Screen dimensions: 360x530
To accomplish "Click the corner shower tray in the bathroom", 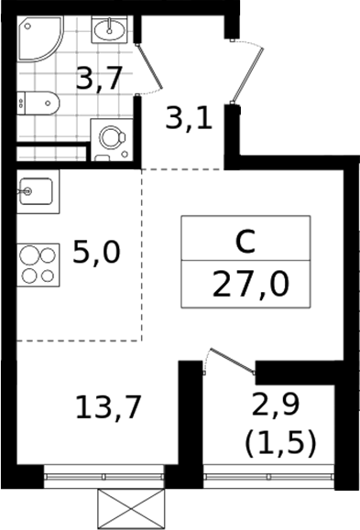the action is coord(38,38).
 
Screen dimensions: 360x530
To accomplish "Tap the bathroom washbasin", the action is coord(109,29).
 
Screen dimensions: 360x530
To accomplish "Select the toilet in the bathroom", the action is coord(38,103).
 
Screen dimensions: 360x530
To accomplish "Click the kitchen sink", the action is coord(38,191).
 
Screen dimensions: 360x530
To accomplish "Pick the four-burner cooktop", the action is coord(38,265).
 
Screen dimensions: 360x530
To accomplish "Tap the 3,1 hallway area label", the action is coord(189,119).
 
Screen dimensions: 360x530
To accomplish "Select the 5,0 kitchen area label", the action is coord(96,252).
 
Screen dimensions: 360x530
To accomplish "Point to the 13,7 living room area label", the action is coord(107,407).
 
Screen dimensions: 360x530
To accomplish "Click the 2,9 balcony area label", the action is coord(276,405).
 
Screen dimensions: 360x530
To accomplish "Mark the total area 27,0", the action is coord(251,285).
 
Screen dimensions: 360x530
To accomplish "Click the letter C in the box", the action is coord(245,242).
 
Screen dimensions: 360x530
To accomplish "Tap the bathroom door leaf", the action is coord(148,66).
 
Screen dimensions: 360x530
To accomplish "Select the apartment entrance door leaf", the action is coord(247,75).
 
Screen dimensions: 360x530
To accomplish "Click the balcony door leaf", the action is coord(233,361).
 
